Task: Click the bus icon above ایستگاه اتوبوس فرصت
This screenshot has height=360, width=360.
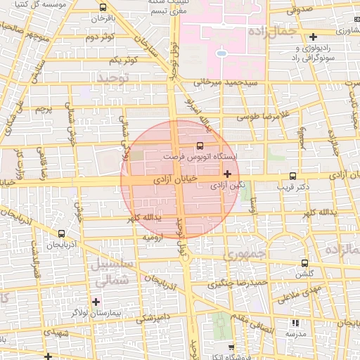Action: [200, 146]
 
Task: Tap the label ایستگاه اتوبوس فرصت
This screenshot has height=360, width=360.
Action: [199, 156]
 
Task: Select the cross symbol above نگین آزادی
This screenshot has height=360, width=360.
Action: [227, 173]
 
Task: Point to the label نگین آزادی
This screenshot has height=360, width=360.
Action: [228, 185]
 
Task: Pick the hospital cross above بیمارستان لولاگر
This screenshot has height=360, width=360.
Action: [96, 302]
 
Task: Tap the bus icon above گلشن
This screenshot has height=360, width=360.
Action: [304, 262]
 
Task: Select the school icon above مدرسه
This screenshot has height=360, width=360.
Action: [295, 323]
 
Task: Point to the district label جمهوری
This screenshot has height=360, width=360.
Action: [242, 255]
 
